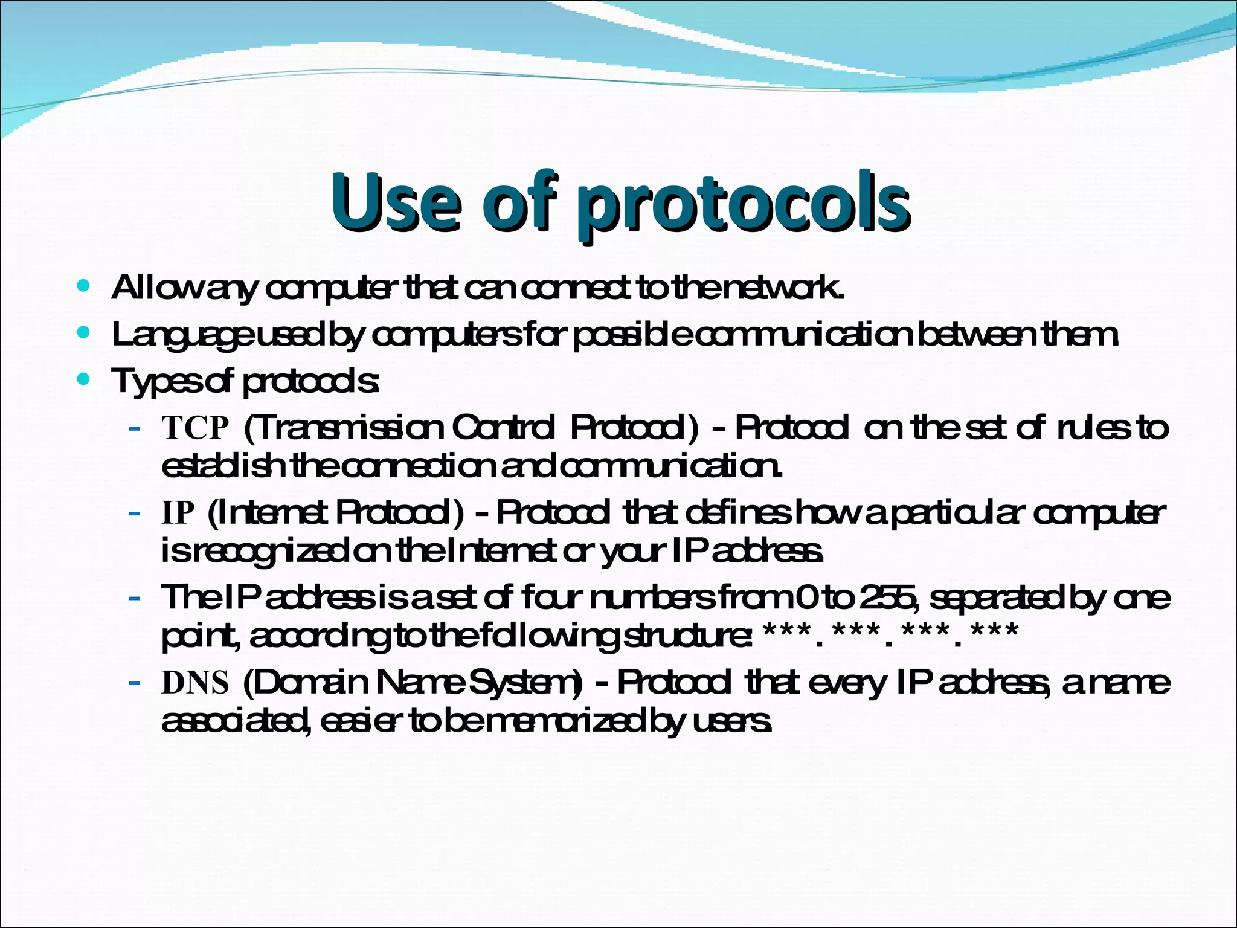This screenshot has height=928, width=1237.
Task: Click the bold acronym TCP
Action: coord(196,428)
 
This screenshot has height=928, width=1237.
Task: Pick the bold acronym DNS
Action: coord(196,683)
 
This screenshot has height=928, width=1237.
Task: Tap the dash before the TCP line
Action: coord(135,430)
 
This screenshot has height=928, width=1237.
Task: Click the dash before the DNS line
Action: coord(135,684)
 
